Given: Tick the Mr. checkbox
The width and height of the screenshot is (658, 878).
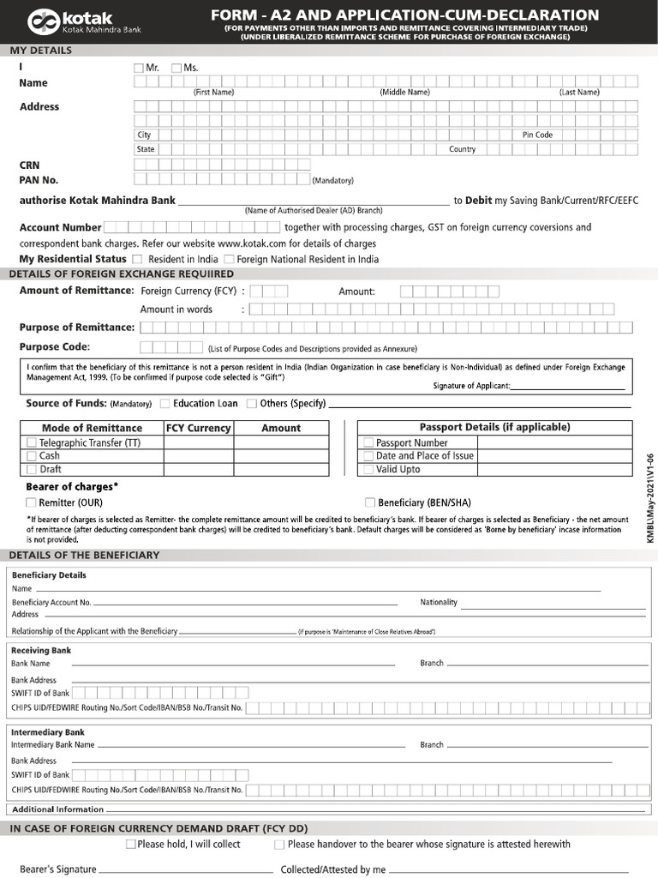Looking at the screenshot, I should click(139, 68).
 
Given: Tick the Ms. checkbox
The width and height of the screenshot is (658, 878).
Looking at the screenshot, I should click(176, 68).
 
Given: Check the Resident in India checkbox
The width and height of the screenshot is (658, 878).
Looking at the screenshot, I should click(137, 259).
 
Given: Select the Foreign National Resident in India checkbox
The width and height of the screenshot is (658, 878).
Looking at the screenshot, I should click(229, 259).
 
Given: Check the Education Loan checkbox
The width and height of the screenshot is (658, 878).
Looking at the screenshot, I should click(165, 403).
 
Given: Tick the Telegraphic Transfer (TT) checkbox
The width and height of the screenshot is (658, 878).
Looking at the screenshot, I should click(32, 442).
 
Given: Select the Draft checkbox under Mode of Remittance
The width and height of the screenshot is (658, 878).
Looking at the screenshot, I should click(32, 469).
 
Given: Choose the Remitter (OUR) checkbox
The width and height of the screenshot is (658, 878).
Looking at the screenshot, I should click(31, 502).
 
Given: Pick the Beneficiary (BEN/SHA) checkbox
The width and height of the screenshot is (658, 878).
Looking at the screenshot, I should click(370, 502).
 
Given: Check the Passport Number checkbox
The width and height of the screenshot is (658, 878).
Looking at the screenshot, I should click(368, 442).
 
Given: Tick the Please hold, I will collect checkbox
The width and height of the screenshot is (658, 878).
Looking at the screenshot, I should click(130, 845).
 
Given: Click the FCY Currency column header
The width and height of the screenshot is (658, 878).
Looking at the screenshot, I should click(198, 428).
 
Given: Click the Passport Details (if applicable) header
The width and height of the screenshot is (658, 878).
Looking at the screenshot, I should click(494, 427).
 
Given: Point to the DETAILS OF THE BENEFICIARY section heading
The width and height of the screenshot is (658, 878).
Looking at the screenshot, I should click(84, 555).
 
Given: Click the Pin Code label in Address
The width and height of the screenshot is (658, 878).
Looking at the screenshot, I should click(537, 135).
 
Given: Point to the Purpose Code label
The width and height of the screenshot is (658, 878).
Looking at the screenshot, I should click(55, 346).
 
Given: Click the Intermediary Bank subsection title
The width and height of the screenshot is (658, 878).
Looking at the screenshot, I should click(47, 732).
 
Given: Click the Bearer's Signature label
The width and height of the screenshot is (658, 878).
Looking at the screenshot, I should click(58, 869).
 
